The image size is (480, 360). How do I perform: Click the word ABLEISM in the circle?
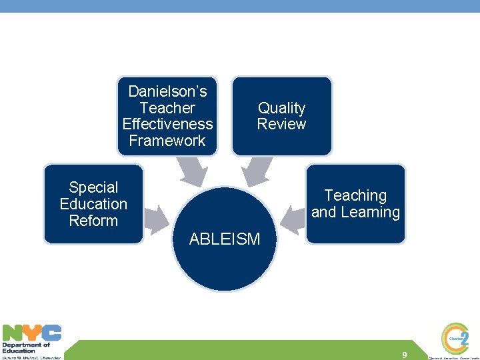tap(225, 239)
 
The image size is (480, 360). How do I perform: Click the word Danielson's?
tap(167, 91)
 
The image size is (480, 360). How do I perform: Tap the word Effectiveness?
tap(167, 124)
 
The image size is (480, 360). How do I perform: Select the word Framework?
tap(167, 141)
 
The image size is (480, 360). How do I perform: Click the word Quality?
tap(281, 108)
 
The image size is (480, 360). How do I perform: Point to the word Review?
tap(281, 124)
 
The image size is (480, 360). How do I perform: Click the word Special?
tap(93, 188)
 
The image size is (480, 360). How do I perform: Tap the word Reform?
tap(93, 221)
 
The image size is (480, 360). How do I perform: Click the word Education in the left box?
tap(93, 204)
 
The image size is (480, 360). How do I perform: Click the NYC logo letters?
tap(32, 333)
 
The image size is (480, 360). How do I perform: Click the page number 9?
tap(405, 355)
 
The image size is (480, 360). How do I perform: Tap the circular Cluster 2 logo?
tap(456, 338)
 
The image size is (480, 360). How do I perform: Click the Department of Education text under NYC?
tap(26, 347)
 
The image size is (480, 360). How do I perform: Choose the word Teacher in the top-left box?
tap(167, 108)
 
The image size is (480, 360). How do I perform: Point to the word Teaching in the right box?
tap(355, 196)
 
